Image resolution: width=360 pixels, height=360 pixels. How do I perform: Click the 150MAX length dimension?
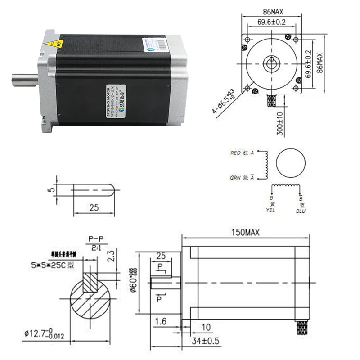click(x=246, y=233)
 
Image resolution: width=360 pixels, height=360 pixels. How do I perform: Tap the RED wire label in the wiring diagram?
click(x=236, y=153)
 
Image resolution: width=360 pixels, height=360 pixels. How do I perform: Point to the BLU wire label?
click(x=300, y=210)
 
